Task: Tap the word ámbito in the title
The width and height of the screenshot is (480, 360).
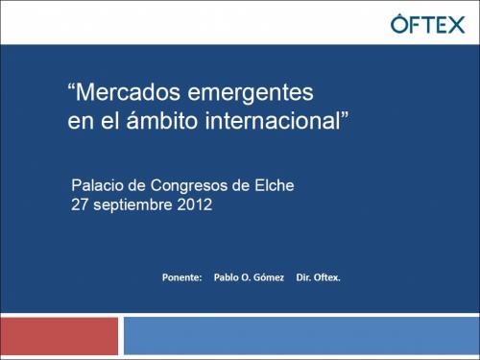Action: (x=148, y=122)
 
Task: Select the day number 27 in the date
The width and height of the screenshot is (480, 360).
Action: (x=82, y=204)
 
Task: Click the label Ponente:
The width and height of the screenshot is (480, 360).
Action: (x=182, y=277)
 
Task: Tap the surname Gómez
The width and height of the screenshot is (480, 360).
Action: (x=267, y=277)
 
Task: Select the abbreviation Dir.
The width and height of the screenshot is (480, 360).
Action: (x=304, y=277)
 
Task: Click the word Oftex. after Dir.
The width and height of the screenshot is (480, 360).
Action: (x=328, y=277)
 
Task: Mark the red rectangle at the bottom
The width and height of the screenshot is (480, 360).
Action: (x=60, y=337)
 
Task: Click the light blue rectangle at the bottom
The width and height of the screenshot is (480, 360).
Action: (x=300, y=337)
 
